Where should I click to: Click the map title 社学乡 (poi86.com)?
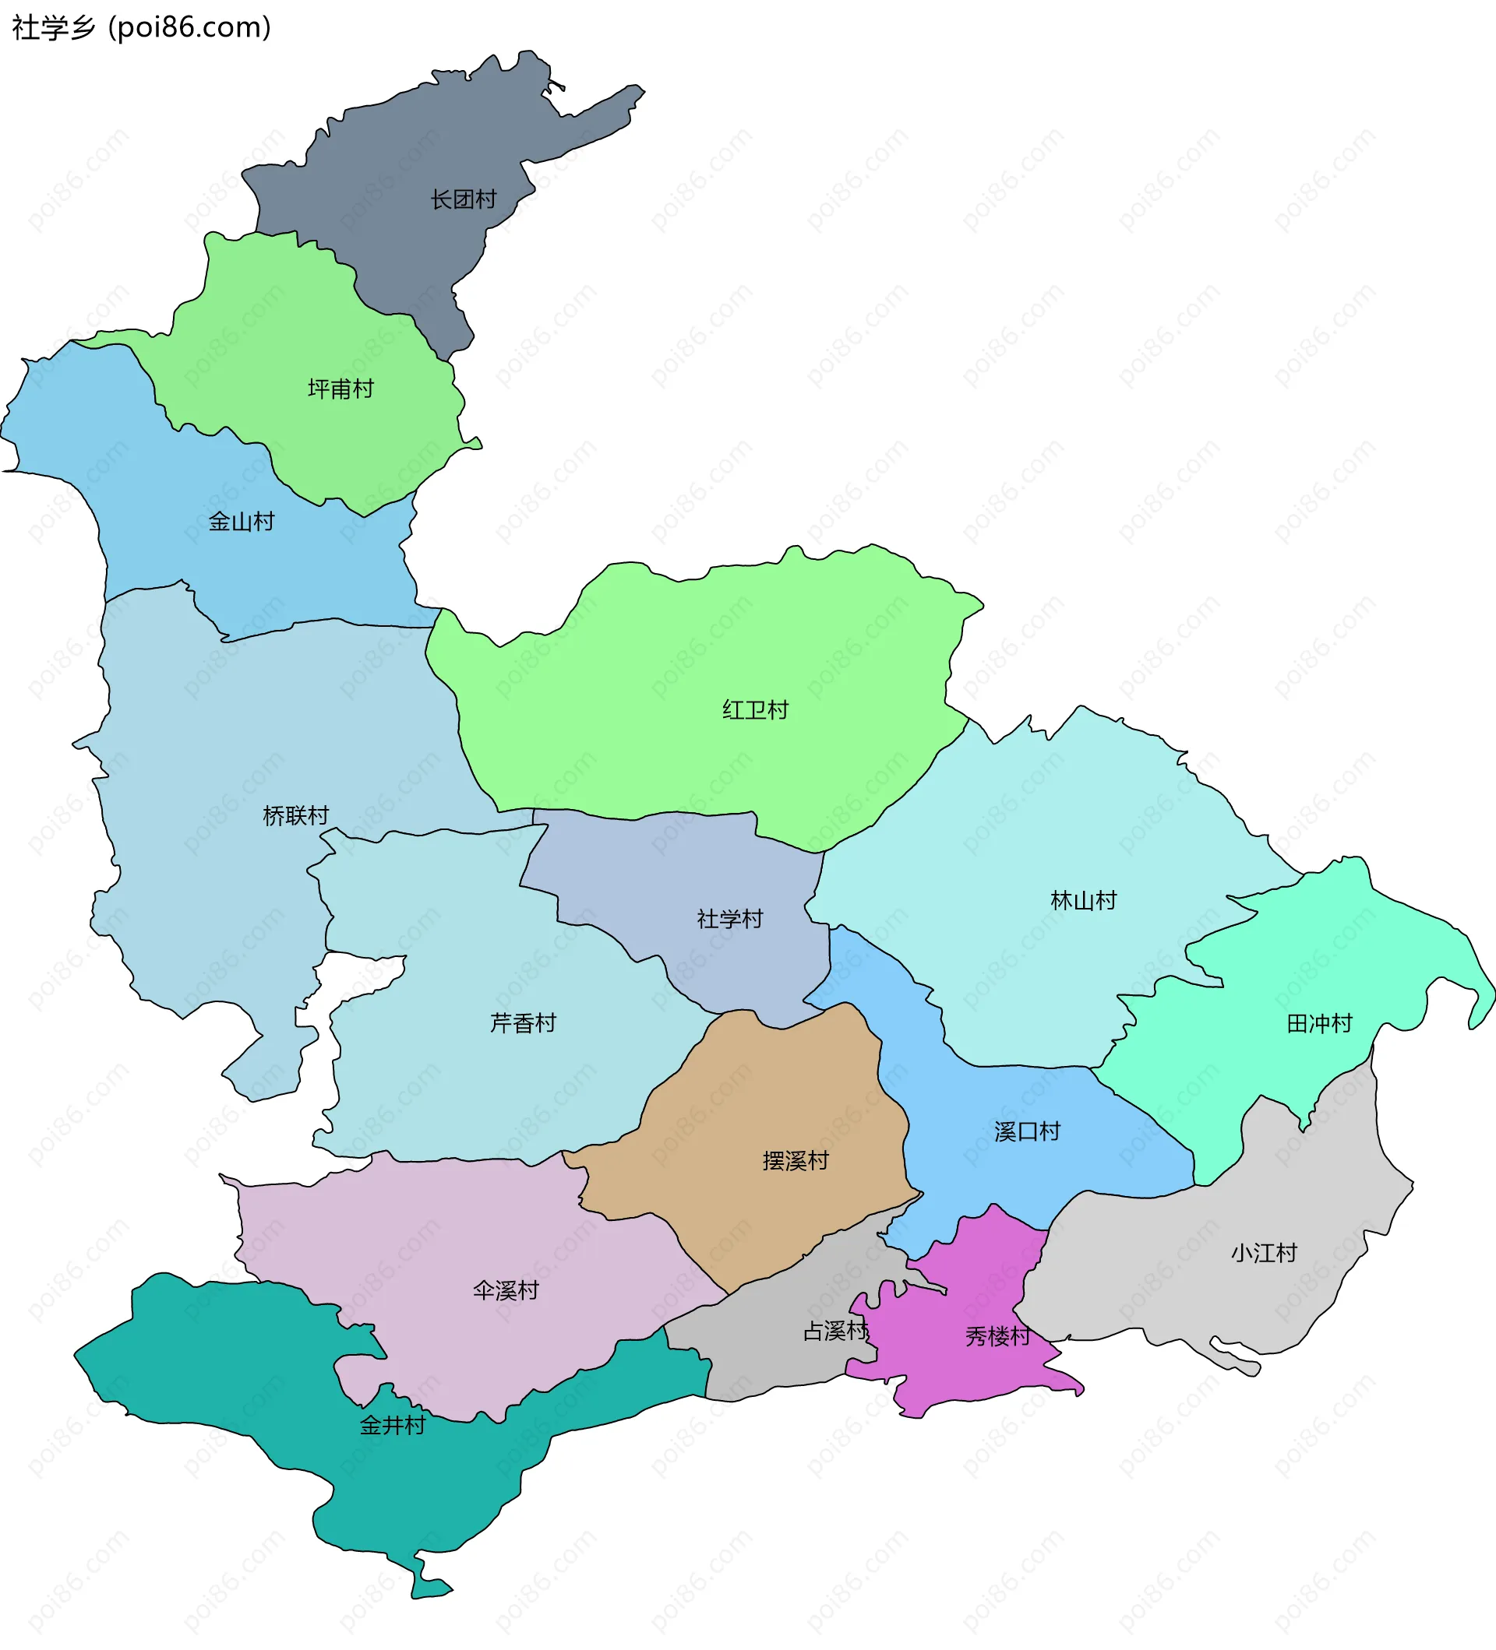pos(141,28)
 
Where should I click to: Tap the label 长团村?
pos(464,199)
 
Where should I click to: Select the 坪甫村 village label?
pos(340,389)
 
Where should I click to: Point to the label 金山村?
pos(242,522)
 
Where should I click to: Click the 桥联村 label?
pos(295,815)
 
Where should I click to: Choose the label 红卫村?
pos(755,709)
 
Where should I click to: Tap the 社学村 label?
pos(729,919)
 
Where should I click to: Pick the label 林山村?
pos(1083,900)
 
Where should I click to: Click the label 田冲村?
pos(1319,1023)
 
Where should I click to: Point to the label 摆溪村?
pos(795,1159)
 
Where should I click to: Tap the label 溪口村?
pos(1027,1131)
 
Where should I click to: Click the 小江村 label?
pos(1264,1252)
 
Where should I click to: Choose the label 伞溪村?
pos(506,1291)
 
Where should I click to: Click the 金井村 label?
pos(393,1426)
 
